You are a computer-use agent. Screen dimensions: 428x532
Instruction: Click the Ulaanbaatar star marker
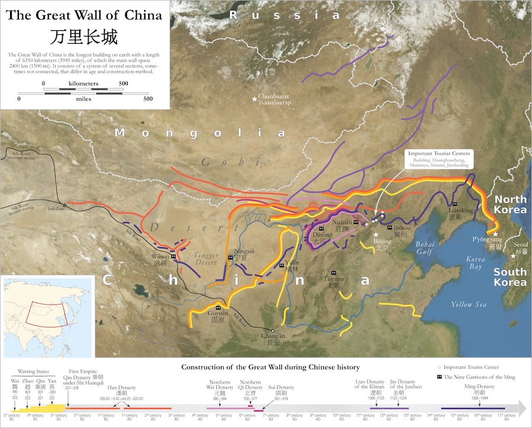(x=255, y=99)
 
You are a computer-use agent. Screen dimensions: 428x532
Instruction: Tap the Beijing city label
(x=382, y=245)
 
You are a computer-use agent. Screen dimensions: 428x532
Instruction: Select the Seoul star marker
(x=512, y=255)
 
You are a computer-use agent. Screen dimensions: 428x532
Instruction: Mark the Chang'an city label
(x=273, y=338)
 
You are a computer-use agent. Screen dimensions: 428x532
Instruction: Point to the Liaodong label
(x=460, y=213)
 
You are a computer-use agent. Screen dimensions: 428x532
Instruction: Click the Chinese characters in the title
(x=83, y=35)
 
